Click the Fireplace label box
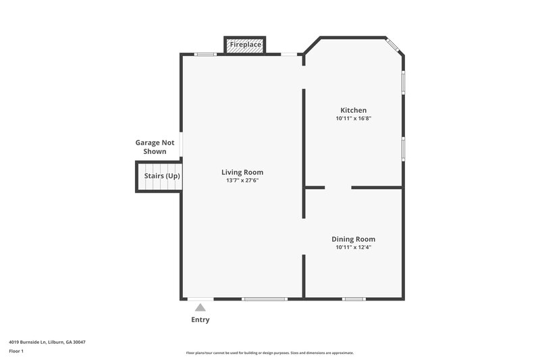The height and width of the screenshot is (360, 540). point(244,45)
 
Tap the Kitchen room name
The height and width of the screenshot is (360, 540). point(353,110)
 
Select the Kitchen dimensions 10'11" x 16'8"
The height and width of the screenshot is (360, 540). point(353,118)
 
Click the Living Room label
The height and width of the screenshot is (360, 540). point(242,172)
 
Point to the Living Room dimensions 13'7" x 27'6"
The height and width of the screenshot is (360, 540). point(242,180)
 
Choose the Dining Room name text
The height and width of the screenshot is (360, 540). point(353,239)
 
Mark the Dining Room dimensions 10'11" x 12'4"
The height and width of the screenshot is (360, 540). point(353,247)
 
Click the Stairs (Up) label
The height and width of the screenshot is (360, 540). point(162,176)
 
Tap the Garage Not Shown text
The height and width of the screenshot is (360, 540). point(155,147)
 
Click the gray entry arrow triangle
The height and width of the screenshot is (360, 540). point(200,307)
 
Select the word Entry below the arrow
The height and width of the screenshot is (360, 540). point(200,319)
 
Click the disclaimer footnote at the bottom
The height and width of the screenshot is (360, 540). point(269,353)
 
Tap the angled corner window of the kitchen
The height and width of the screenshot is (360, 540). point(394,46)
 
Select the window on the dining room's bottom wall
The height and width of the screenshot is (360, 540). point(353,299)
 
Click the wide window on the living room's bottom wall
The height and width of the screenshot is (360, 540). point(265,299)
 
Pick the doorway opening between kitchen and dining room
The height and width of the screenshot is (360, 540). point(337,187)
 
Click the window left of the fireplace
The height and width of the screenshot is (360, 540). point(205,54)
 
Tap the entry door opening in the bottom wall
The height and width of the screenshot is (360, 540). point(200,299)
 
